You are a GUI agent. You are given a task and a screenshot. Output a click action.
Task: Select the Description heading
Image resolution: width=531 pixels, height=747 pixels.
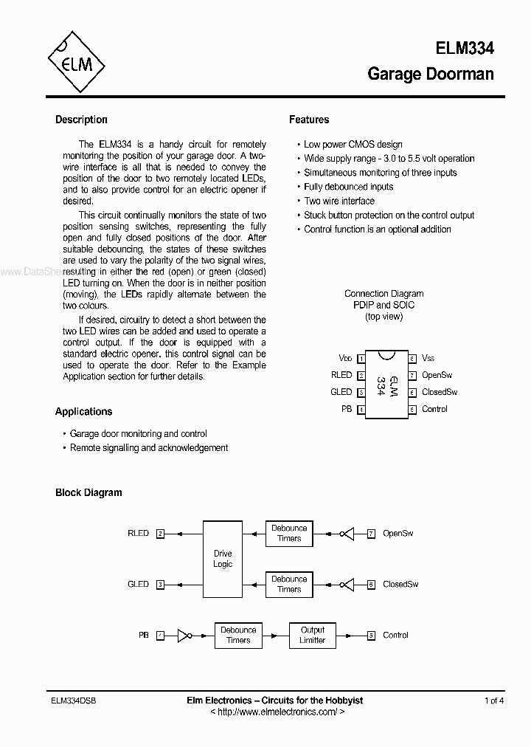[x=81, y=120]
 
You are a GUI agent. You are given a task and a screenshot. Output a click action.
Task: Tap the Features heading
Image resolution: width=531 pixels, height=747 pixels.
[x=309, y=120]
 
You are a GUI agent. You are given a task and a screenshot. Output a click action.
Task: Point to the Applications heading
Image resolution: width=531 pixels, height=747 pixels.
[x=84, y=412]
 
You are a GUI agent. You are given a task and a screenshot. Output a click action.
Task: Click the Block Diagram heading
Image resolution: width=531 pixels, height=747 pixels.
[x=88, y=492]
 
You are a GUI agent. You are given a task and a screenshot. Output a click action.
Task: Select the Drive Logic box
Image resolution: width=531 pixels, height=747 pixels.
[x=223, y=559]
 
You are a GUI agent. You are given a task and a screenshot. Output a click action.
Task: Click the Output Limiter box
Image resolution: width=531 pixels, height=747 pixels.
[x=312, y=635]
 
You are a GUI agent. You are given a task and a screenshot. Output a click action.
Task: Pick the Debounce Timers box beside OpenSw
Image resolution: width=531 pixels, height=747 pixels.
[x=289, y=533]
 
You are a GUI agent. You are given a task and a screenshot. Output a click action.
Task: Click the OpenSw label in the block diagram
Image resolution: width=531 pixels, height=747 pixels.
[x=398, y=533]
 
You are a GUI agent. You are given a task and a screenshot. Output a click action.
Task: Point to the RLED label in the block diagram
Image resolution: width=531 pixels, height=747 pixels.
[x=138, y=533]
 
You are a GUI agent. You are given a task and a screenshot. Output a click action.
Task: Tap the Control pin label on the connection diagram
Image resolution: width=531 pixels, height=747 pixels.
[x=434, y=409]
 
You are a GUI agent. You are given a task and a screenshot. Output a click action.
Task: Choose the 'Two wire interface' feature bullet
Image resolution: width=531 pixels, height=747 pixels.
[x=339, y=201]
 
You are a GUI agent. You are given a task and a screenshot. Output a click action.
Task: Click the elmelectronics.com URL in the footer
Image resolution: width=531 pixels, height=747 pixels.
[x=277, y=712]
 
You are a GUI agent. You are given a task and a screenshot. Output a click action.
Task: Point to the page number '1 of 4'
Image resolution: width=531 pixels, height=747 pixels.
[x=494, y=700]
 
